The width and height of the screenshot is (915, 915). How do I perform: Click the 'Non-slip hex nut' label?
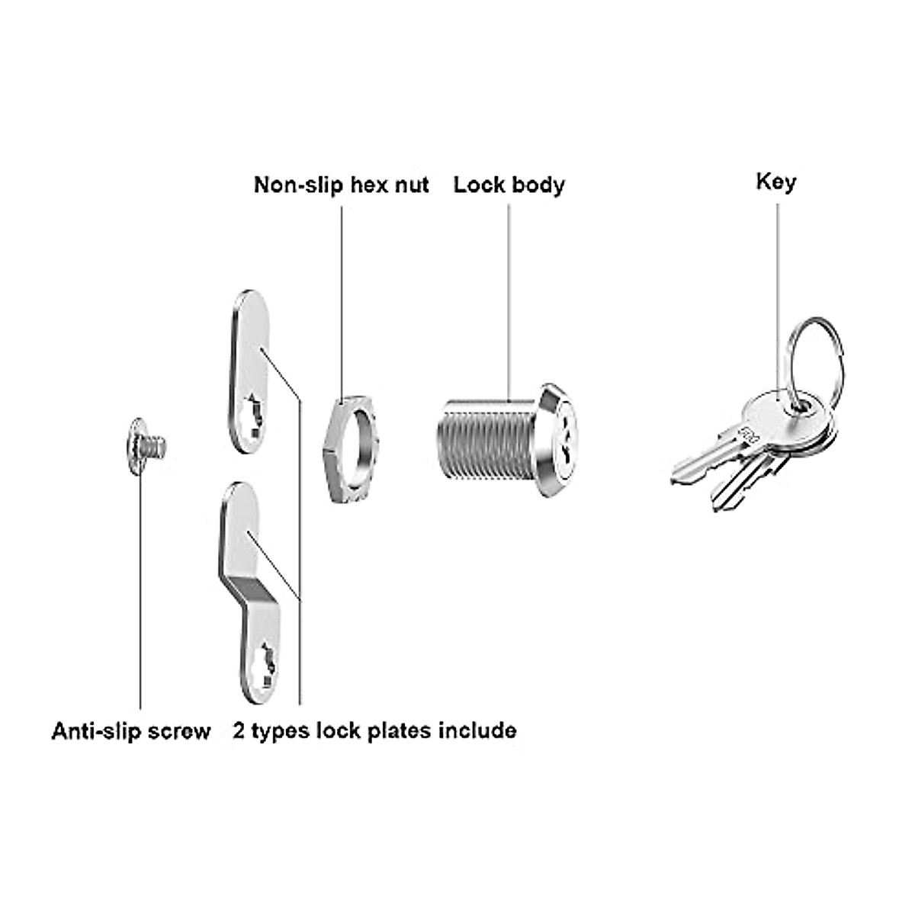point(341,185)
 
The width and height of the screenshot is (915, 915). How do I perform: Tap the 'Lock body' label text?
point(509,185)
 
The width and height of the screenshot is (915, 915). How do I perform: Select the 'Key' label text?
point(775,182)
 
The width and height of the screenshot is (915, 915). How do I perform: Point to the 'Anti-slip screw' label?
point(130,732)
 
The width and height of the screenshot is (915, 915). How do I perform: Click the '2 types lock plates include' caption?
point(374,730)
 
